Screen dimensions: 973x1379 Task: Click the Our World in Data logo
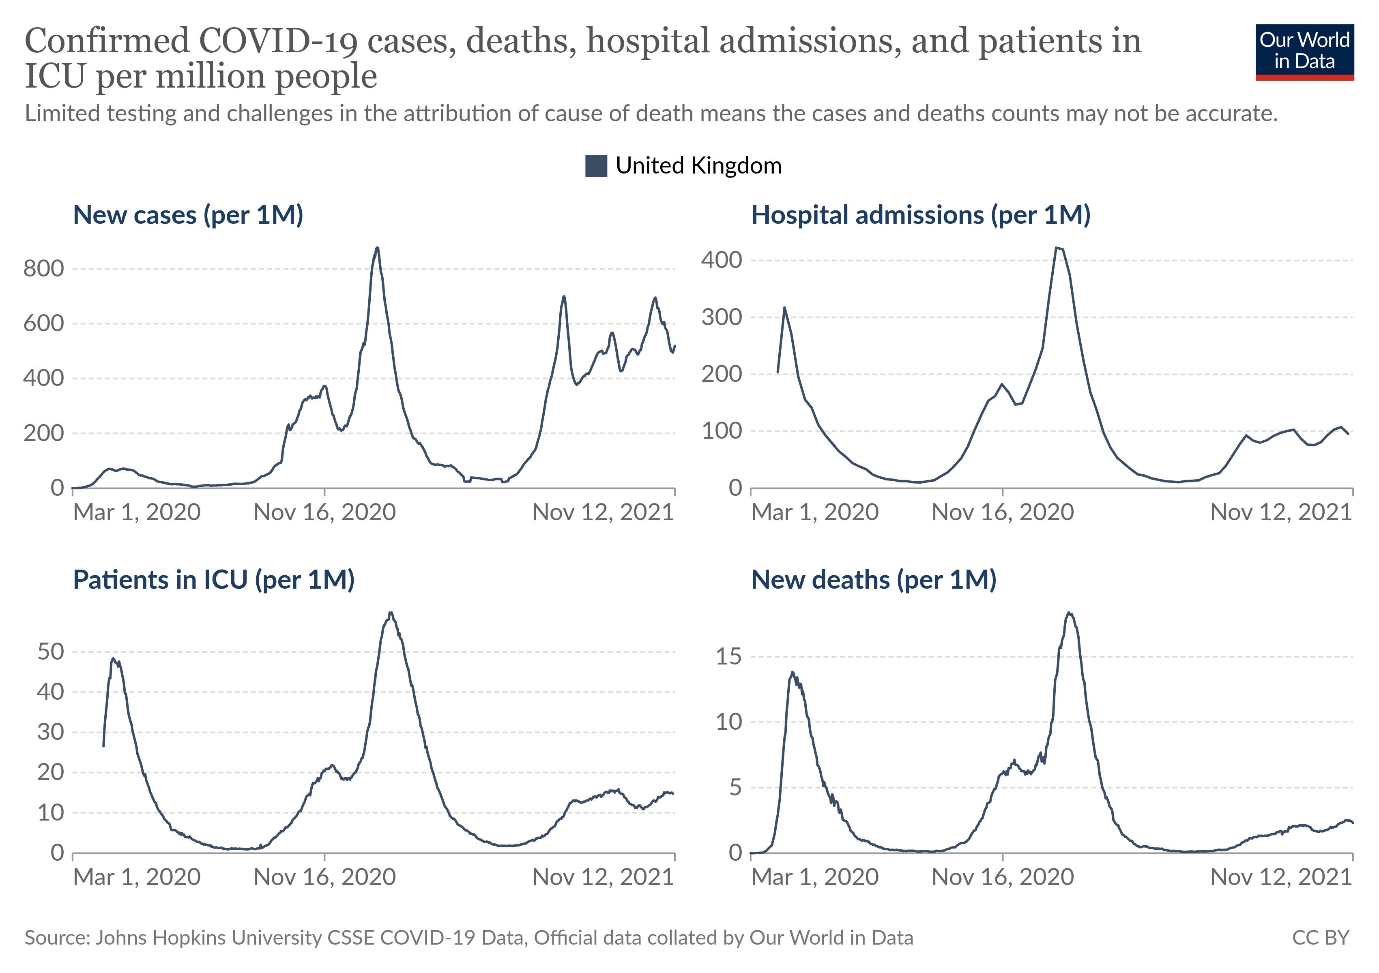(x=1304, y=51)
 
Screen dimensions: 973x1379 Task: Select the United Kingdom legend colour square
(x=596, y=166)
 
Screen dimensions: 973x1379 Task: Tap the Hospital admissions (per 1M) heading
(x=920, y=215)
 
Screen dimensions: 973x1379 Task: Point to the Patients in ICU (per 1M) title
(x=213, y=580)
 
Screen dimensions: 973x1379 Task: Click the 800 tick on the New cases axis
(x=44, y=269)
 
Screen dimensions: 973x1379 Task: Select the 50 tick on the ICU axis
(x=50, y=652)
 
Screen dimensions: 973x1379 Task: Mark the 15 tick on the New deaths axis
(x=728, y=657)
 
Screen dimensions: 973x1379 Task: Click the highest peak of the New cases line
(x=376, y=248)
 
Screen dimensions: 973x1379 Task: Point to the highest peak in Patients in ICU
(x=391, y=613)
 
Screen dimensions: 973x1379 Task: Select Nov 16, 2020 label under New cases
(x=324, y=512)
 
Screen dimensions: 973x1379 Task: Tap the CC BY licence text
(x=1320, y=938)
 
